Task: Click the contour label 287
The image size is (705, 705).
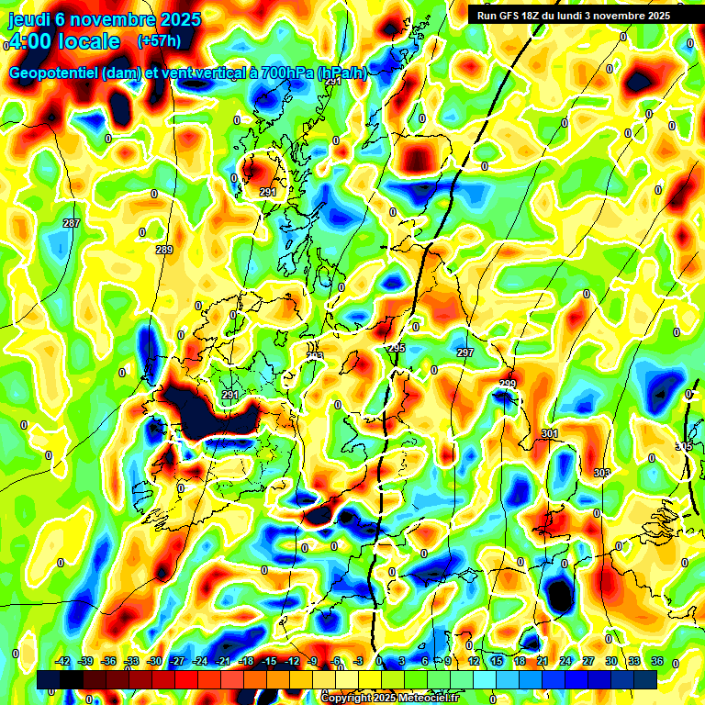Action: [x=72, y=223]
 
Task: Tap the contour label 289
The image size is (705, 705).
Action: [x=164, y=250]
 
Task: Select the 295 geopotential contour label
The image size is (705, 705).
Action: [x=397, y=348]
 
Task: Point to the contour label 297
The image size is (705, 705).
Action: [x=464, y=352]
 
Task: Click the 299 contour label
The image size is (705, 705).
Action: [x=508, y=384]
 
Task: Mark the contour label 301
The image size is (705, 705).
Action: [x=550, y=433]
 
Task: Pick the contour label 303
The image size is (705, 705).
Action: [x=601, y=473]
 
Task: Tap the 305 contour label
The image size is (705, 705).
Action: [x=684, y=446]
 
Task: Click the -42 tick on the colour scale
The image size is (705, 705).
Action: [x=63, y=661]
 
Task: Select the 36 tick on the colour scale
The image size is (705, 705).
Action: [x=657, y=661]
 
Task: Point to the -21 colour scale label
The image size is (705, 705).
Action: [x=223, y=661]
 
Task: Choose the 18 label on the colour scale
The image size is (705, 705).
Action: [x=519, y=661]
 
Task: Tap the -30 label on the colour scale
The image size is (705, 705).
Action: [x=154, y=661]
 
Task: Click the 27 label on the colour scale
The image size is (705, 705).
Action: [x=588, y=661]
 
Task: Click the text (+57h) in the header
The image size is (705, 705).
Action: [x=158, y=41]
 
